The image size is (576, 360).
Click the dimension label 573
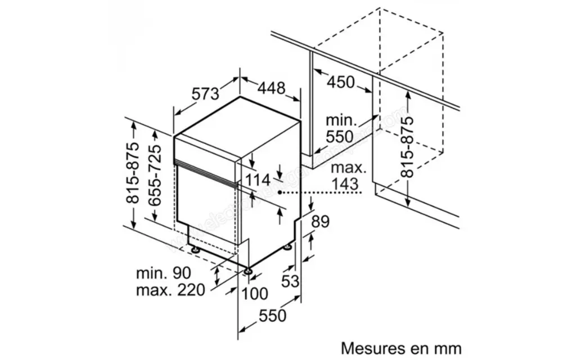[205, 94]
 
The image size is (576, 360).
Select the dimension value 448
[272, 88]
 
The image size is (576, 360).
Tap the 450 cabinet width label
[341, 83]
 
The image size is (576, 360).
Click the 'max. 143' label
[349, 175]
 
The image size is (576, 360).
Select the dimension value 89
[320, 222]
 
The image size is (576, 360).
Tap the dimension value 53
[290, 281]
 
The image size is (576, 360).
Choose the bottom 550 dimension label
[272, 316]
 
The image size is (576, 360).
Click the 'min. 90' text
[164, 273]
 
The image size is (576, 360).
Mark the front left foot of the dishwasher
[248, 272]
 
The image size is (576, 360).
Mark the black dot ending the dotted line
[283, 192]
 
